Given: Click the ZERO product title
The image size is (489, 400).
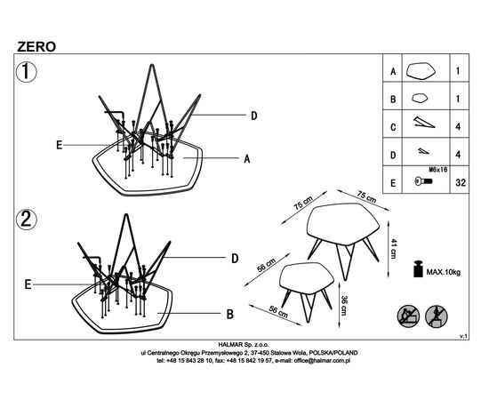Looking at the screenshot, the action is pyautogui.click(x=36, y=47).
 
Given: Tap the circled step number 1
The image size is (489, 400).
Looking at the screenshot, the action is pyautogui.click(x=26, y=72).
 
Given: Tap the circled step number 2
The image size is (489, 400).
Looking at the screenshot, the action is pyautogui.click(x=26, y=220).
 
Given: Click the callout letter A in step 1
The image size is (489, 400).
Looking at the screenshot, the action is pyautogui.click(x=247, y=159).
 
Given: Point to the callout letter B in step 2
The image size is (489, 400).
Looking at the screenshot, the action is pyautogui.click(x=230, y=314).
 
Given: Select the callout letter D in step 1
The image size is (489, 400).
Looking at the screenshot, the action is pyautogui.click(x=254, y=116).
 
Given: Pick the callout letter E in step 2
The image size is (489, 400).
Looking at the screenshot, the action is pyautogui.click(x=28, y=284).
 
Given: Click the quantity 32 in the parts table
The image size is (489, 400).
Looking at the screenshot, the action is pyautogui.click(x=461, y=182).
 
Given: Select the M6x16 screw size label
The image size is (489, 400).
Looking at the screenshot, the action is pyautogui.click(x=438, y=170).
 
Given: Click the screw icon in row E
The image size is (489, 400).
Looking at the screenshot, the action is pyautogui.click(x=423, y=180).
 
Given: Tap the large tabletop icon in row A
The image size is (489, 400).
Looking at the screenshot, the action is pyautogui.click(x=421, y=71).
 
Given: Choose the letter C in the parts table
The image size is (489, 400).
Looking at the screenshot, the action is pyautogui.click(x=393, y=127).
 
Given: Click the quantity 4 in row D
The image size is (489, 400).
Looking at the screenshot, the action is pyautogui.click(x=458, y=155).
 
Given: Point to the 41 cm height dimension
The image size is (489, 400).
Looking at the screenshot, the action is pyautogui.click(x=393, y=249).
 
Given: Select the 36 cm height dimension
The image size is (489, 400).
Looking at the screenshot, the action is pyautogui.click(x=343, y=305).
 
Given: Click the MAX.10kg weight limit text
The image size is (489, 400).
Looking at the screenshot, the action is pyautogui.click(x=443, y=272).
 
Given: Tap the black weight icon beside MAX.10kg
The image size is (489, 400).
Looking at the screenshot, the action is pyautogui.click(x=418, y=268).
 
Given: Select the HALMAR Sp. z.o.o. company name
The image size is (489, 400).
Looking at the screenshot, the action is pyautogui.click(x=244, y=345).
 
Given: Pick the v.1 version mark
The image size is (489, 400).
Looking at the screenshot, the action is pyautogui.click(x=463, y=336).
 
